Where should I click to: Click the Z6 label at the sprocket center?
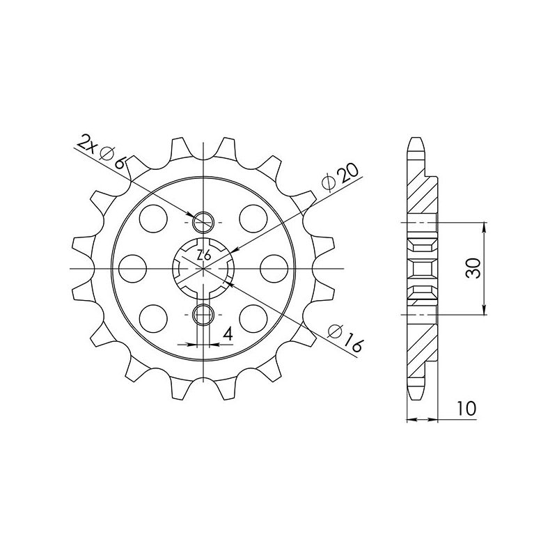(203, 256)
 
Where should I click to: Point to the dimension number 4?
(227, 335)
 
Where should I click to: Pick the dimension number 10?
(467, 409)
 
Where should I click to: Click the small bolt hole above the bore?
(203, 223)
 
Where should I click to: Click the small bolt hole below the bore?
(203, 315)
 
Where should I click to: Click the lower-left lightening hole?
(152, 318)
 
